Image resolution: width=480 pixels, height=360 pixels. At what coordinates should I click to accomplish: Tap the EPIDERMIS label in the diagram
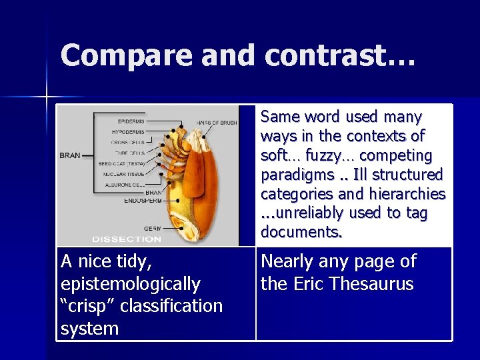[131, 121]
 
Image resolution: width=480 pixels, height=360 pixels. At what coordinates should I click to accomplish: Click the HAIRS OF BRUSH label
[215, 123]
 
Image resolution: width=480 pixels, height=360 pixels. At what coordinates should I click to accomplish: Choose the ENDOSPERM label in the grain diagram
[142, 199]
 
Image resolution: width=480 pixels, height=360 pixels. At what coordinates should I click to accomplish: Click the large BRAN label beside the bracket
[69, 155]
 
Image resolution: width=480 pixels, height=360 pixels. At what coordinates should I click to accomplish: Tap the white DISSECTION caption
[126, 239]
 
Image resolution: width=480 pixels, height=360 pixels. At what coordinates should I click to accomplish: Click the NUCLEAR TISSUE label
[126, 174]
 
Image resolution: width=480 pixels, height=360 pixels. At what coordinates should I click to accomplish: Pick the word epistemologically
[130, 284]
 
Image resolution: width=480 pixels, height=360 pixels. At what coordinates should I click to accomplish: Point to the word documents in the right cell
[301, 232]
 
